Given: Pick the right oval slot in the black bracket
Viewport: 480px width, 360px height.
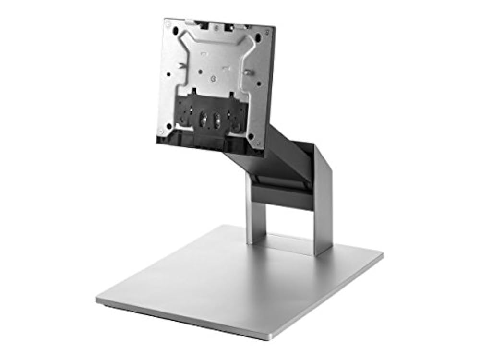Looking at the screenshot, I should [x=217, y=119].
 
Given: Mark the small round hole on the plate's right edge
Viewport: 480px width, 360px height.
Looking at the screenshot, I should [x=259, y=84].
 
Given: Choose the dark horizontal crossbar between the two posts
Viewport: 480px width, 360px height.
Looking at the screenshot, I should [x=283, y=194].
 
